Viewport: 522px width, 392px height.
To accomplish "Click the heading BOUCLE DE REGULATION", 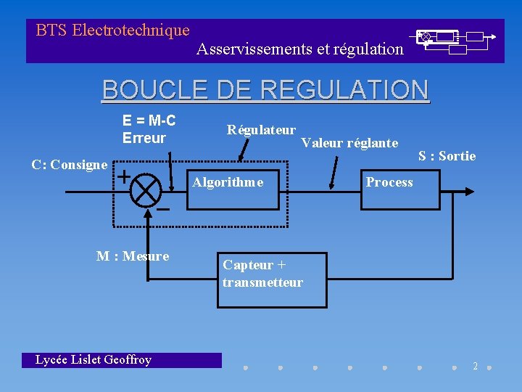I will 265,90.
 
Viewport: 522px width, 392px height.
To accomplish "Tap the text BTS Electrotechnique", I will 112,30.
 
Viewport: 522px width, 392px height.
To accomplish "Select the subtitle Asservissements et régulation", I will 300,49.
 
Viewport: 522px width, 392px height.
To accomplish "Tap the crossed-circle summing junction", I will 148,191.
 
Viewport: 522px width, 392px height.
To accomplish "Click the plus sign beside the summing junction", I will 124,176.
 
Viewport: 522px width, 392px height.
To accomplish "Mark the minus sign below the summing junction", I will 163,209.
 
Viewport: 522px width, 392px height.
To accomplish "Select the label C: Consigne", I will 70,165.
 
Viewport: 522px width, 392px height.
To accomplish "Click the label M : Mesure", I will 133,256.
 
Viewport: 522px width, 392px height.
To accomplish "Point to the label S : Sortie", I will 447,156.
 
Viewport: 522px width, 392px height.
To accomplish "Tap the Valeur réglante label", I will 349,143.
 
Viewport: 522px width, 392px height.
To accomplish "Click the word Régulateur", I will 261,130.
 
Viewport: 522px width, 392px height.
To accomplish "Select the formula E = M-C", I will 149,121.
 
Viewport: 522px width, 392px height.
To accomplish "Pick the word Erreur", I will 144,138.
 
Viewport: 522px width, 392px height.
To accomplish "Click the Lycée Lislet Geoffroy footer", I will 94,360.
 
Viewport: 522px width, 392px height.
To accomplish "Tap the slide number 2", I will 476,366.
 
